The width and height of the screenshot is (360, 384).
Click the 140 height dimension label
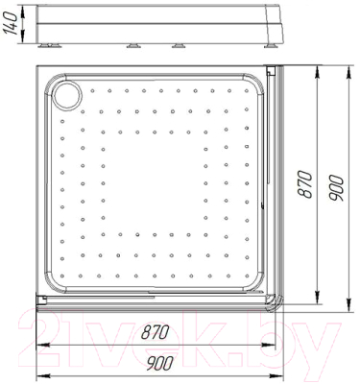tap(10, 23)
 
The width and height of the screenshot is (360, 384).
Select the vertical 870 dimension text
tap(304, 184)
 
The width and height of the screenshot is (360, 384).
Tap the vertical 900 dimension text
tap(336, 188)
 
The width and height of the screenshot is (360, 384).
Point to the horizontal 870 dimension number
tap(155, 332)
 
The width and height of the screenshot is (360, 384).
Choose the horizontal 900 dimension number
tap(159, 363)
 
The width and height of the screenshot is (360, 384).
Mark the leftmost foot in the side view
tap(49, 46)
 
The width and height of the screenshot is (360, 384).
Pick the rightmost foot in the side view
tap(272, 46)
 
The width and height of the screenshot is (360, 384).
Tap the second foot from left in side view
tap(133, 46)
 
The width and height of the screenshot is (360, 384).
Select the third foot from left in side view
tap(179, 46)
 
